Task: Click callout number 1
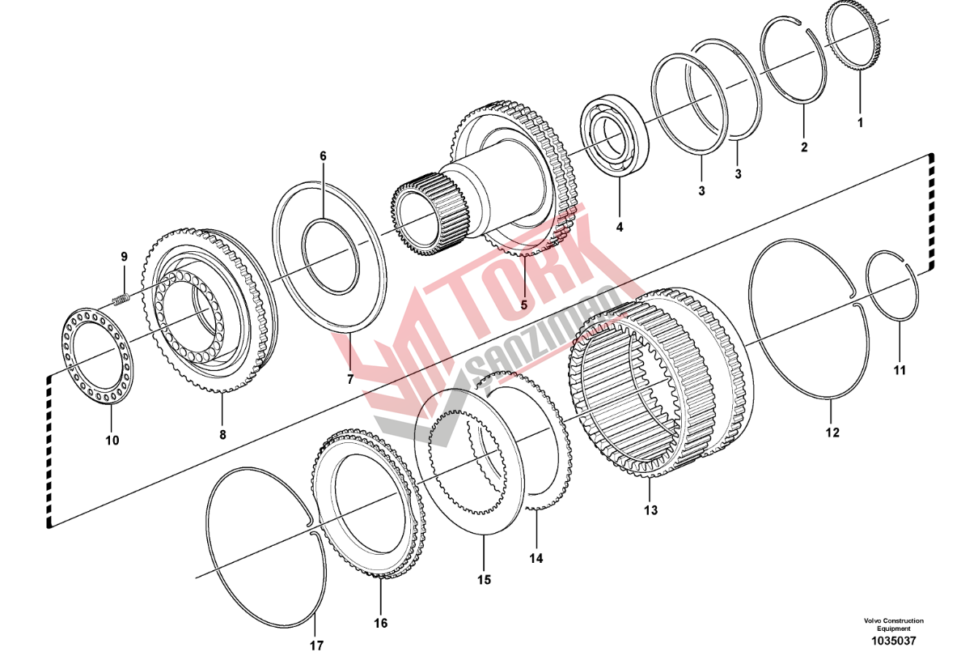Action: (860, 123)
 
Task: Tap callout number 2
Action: (804, 147)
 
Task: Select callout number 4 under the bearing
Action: (619, 227)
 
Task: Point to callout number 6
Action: (323, 156)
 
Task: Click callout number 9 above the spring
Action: (124, 257)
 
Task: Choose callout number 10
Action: (112, 441)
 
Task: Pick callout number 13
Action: (650, 510)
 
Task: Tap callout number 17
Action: (316, 646)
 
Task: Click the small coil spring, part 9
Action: (121, 300)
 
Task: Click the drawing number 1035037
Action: (893, 641)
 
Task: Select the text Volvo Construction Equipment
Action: (893, 624)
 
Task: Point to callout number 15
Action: (484, 580)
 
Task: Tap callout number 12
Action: (832, 433)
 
